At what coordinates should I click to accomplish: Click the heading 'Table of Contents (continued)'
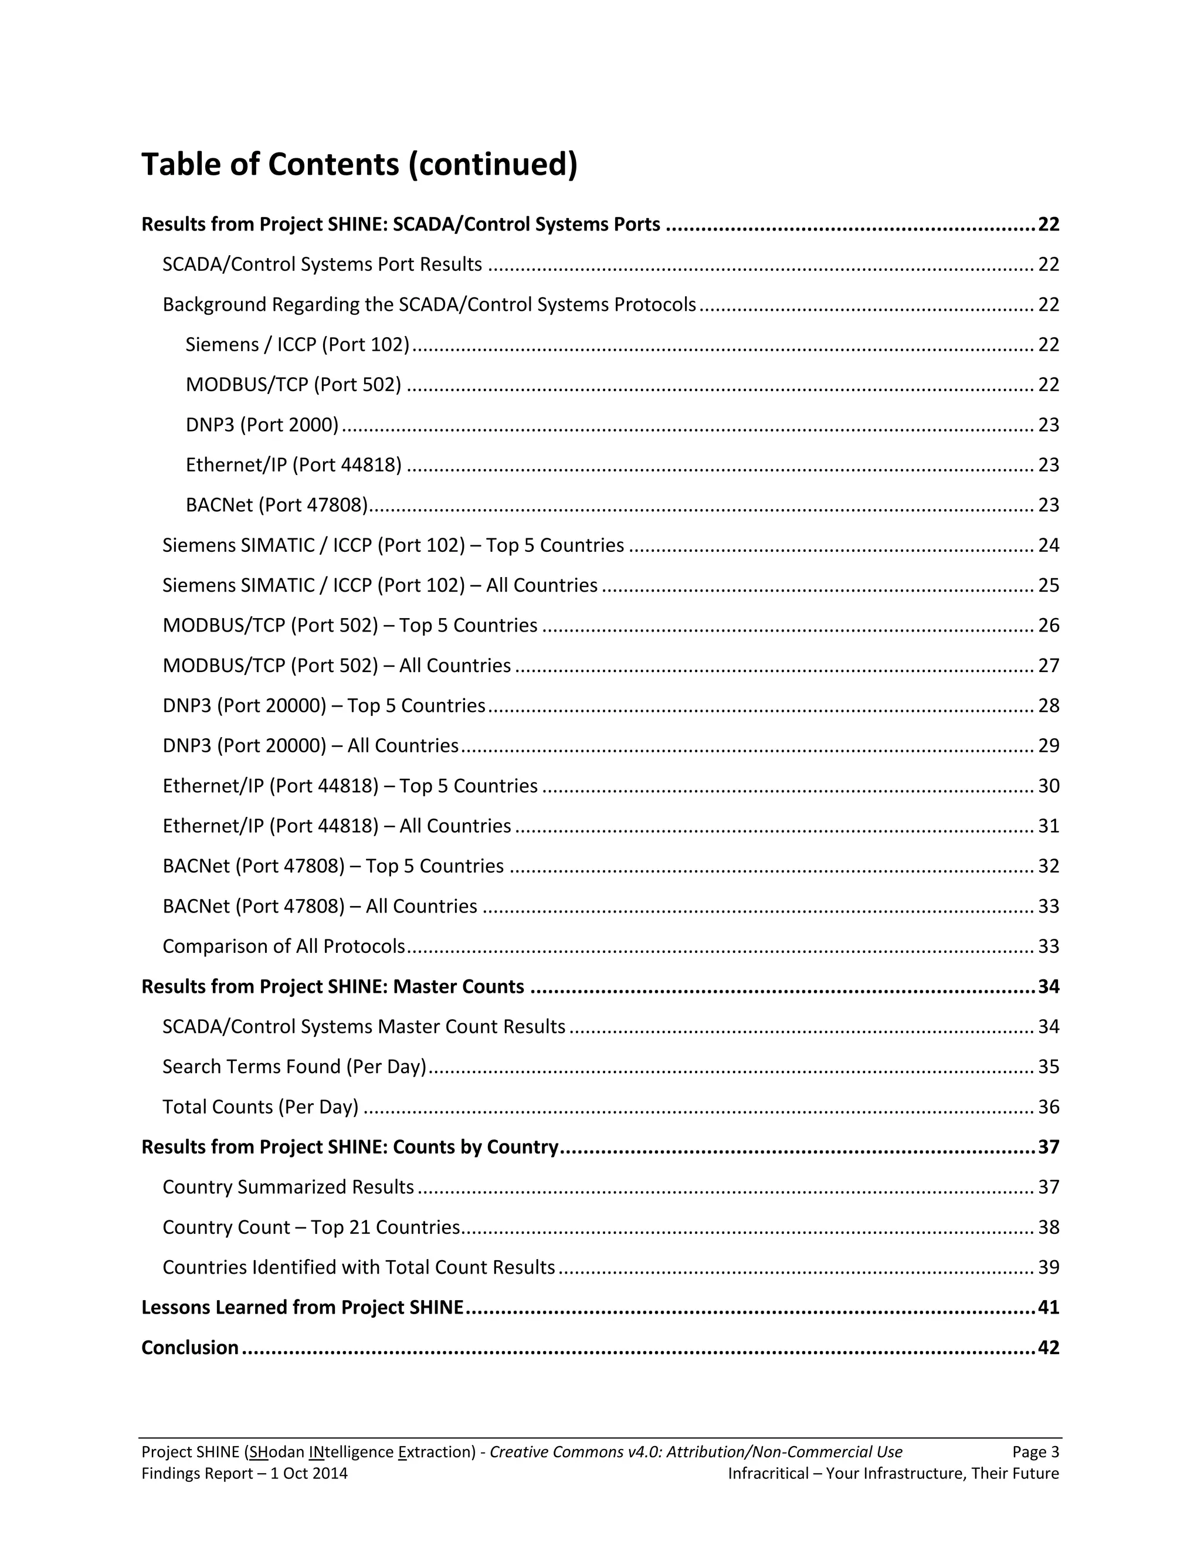coord(359,164)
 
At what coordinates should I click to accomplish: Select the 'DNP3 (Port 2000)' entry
coord(262,425)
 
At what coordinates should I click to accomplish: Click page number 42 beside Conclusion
coord(1048,1347)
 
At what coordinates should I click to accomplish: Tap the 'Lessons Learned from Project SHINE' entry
coord(303,1307)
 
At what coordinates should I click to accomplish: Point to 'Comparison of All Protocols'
coord(283,946)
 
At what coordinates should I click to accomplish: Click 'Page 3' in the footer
coord(1035,1451)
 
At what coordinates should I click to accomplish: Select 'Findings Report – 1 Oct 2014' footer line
coord(244,1473)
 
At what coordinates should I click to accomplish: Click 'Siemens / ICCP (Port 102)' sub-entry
coord(297,344)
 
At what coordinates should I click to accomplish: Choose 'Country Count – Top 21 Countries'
coord(311,1227)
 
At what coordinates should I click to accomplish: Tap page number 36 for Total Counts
coord(1048,1107)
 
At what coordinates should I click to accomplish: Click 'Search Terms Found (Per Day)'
coord(294,1067)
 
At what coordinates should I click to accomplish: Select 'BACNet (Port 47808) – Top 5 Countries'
coord(333,866)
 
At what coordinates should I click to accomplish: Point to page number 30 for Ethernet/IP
coord(1048,786)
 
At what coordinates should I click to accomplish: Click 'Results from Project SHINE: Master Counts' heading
coord(333,986)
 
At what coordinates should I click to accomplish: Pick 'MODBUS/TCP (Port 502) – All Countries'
coord(337,666)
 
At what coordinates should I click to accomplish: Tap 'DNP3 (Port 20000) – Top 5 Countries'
coord(324,706)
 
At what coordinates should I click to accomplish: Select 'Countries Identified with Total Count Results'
coord(358,1267)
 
